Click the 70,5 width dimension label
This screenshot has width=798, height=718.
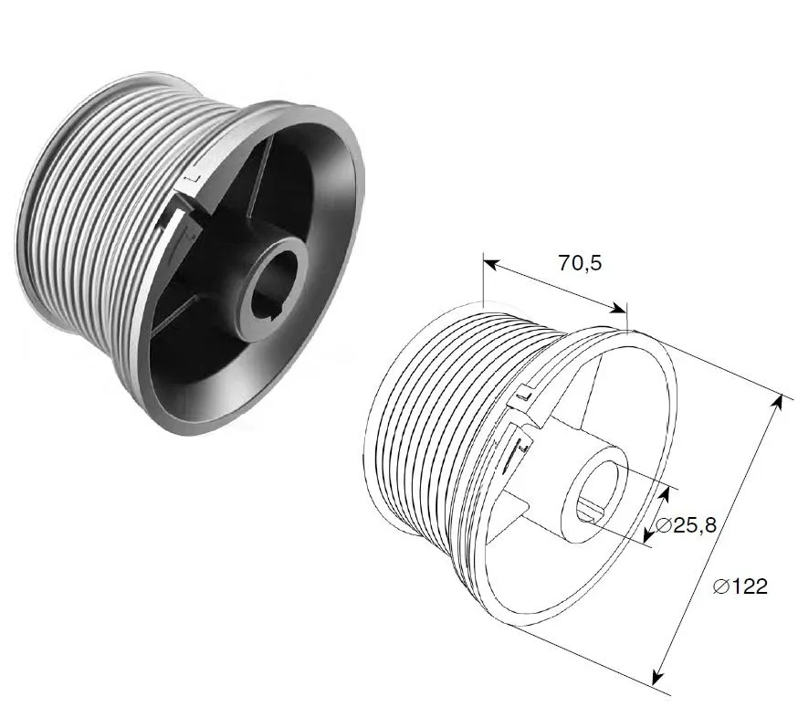click(x=580, y=263)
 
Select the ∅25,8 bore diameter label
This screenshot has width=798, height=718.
click(x=686, y=524)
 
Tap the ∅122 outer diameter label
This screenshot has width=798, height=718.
click(x=740, y=586)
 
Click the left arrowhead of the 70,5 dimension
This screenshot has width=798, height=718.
click(x=490, y=264)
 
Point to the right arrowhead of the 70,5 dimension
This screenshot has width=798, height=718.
click(x=618, y=309)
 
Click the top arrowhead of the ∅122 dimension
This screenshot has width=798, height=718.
click(x=777, y=402)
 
